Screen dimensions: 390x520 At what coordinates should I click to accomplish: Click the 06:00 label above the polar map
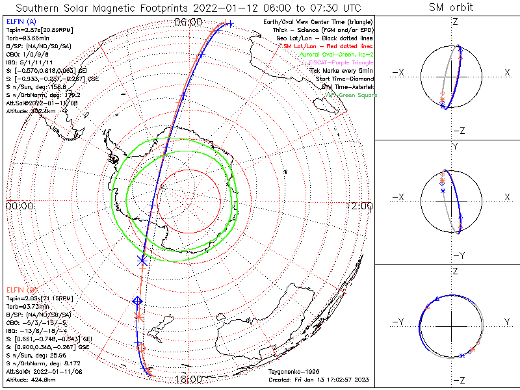tap(188, 23)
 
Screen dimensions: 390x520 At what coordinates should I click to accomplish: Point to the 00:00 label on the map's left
tap(19, 206)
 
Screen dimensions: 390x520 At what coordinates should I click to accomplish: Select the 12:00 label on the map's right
tap(359, 206)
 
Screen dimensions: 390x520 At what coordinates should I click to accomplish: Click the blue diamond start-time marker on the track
tap(137, 300)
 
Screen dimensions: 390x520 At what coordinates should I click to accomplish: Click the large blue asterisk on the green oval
tap(142, 260)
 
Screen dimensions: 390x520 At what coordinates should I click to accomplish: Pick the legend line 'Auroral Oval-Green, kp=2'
tap(336, 55)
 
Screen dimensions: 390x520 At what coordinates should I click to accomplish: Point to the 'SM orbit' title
tap(451, 8)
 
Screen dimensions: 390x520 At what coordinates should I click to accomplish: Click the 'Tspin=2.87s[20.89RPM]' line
tap(33, 31)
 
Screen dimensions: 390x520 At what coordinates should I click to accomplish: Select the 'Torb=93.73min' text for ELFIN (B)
tap(25, 305)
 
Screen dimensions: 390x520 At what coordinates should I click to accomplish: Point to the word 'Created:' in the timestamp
tap(280, 380)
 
